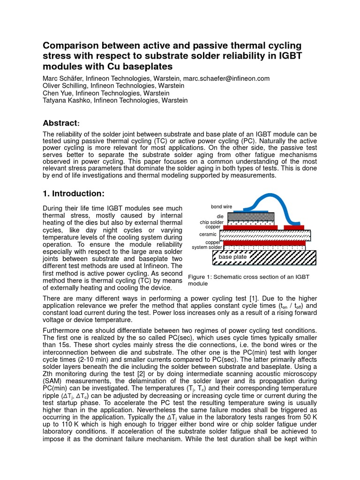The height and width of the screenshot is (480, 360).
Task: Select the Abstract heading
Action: click(x=60, y=123)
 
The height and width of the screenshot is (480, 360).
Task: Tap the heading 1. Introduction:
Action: click(x=73, y=194)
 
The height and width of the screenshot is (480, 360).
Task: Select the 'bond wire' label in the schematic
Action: click(x=221, y=207)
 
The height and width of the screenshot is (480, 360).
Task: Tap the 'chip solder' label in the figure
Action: click(x=212, y=222)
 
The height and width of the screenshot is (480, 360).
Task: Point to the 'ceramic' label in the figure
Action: click(x=208, y=234)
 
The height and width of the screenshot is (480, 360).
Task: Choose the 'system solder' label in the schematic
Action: click(x=207, y=247)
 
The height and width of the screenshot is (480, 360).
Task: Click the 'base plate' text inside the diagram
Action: click(x=232, y=257)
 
